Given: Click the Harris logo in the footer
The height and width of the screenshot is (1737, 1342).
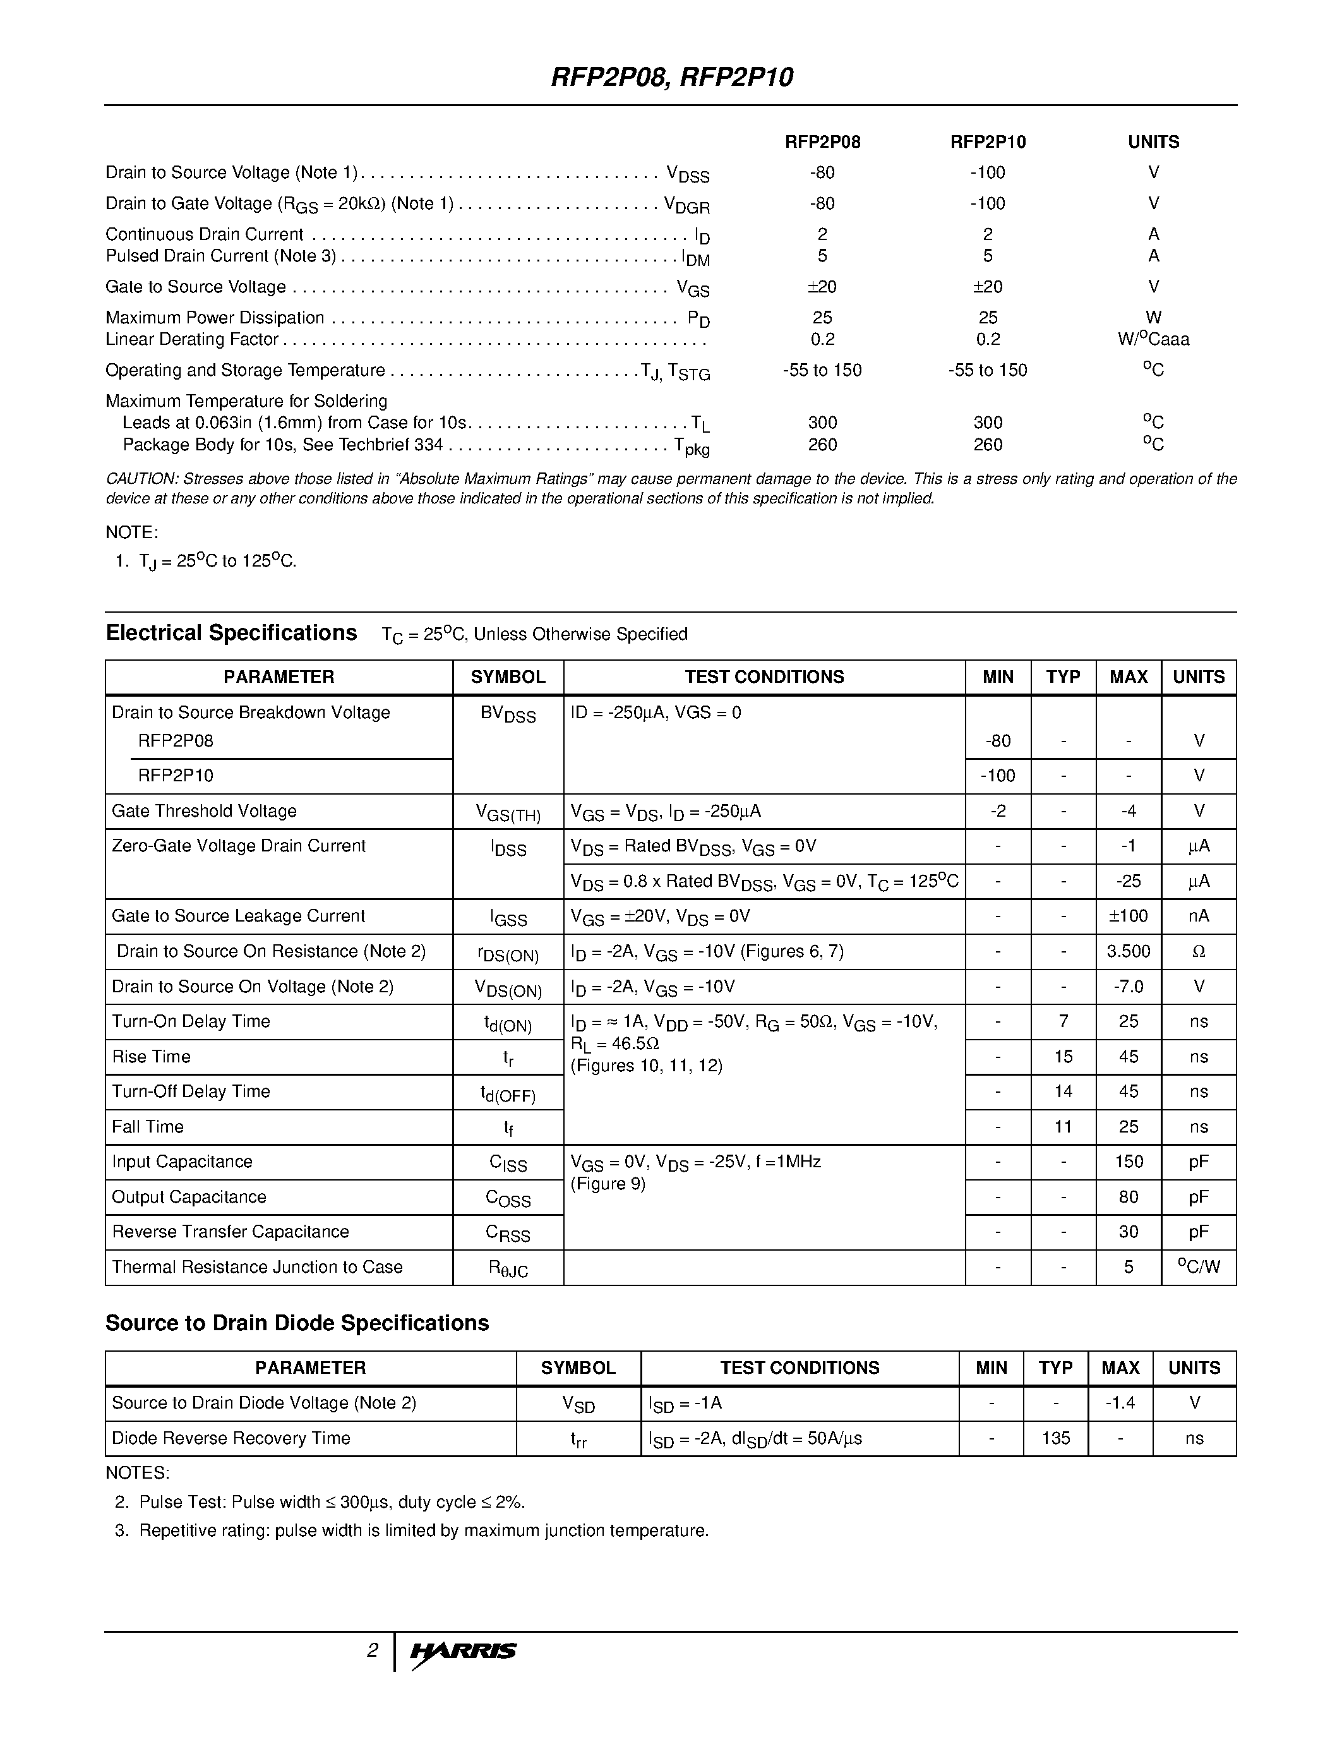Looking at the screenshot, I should [463, 1651].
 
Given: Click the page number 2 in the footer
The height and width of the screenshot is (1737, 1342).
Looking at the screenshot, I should [372, 1650].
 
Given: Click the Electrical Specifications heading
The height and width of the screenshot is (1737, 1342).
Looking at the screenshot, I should [231, 633].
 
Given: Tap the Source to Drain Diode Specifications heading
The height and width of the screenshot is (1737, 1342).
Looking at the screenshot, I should [297, 1323].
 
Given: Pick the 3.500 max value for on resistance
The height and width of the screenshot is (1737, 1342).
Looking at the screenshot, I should [1128, 951].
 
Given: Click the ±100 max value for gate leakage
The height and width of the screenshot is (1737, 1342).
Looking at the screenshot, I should [1128, 917].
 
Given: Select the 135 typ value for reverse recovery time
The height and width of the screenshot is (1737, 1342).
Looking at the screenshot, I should [1055, 1438].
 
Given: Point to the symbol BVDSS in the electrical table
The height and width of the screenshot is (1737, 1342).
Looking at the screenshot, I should [508, 714].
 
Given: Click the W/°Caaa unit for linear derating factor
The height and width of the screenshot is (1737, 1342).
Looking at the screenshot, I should [1153, 340].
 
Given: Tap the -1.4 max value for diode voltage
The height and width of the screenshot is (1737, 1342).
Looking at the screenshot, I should [1120, 1403].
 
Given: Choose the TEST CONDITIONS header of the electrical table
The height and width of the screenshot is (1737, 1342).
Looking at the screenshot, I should [764, 677].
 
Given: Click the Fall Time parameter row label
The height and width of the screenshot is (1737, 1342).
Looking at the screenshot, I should [148, 1127].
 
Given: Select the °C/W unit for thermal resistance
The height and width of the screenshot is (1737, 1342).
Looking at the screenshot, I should [1198, 1267].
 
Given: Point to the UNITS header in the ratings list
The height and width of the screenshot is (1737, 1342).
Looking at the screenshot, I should [1153, 142].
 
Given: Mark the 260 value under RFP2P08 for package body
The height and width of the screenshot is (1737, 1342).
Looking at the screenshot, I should [822, 445].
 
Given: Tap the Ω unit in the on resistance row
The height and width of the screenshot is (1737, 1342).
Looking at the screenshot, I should [1199, 951].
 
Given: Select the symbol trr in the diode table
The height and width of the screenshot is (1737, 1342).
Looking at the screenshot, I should [578, 1439].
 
